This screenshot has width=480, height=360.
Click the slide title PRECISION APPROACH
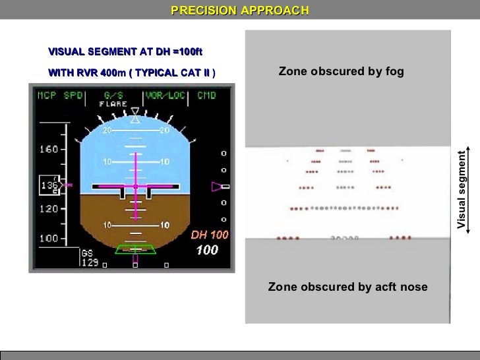click(x=239, y=10)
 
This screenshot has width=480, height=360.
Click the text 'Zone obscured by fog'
click(x=340, y=71)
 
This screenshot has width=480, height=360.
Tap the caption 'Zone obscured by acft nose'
click(x=347, y=287)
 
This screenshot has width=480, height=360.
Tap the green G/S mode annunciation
click(x=113, y=96)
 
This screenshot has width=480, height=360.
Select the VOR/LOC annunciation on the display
click(x=164, y=96)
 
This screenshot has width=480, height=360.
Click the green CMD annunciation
click(x=207, y=96)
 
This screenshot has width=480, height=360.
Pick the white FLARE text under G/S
click(x=113, y=104)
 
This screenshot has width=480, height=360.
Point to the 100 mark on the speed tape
click(x=48, y=237)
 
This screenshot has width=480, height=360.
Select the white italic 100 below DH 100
click(x=208, y=251)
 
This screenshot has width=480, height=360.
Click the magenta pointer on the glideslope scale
click(x=218, y=187)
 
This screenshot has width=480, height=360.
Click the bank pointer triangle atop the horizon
click(x=136, y=119)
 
